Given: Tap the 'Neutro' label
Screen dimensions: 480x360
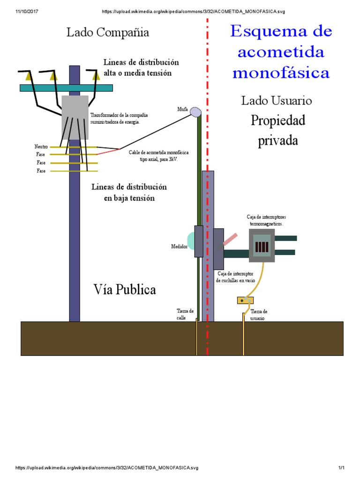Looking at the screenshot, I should tap(41, 147).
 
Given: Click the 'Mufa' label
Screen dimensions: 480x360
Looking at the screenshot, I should tap(182, 109).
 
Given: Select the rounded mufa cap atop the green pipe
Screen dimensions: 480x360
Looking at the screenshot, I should tap(195, 111).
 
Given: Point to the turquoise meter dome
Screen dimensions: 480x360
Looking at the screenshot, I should tap(191, 240).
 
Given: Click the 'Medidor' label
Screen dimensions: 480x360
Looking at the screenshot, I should tap(179, 246).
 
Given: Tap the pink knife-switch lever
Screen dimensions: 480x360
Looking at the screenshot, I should tap(230, 240).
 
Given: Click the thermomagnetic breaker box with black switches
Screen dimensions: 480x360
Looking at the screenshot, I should tap(262, 246).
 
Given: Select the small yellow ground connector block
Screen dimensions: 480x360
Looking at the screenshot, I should tap(245, 300).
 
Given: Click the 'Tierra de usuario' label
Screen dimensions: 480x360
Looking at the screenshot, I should tap(259, 315).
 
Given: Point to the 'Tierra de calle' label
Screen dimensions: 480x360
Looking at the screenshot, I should tap(185, 314).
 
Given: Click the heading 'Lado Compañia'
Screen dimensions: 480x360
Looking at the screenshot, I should tap(108, 32).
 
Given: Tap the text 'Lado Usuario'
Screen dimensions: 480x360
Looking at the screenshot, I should tap(277, 100).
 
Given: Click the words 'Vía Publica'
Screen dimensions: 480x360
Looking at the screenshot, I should tap(124, 290).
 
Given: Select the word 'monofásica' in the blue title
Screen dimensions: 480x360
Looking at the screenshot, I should tap(281, 73).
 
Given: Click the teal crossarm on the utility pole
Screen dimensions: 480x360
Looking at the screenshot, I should tap(66, 88).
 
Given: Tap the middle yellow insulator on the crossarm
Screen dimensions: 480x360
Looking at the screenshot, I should tap(53, 75).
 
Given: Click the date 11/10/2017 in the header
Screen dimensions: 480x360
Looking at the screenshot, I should tap(27, 11).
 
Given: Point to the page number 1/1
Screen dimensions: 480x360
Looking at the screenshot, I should tap(341, 468).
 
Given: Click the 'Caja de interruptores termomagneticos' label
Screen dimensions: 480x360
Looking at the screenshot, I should tap(266, 220).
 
